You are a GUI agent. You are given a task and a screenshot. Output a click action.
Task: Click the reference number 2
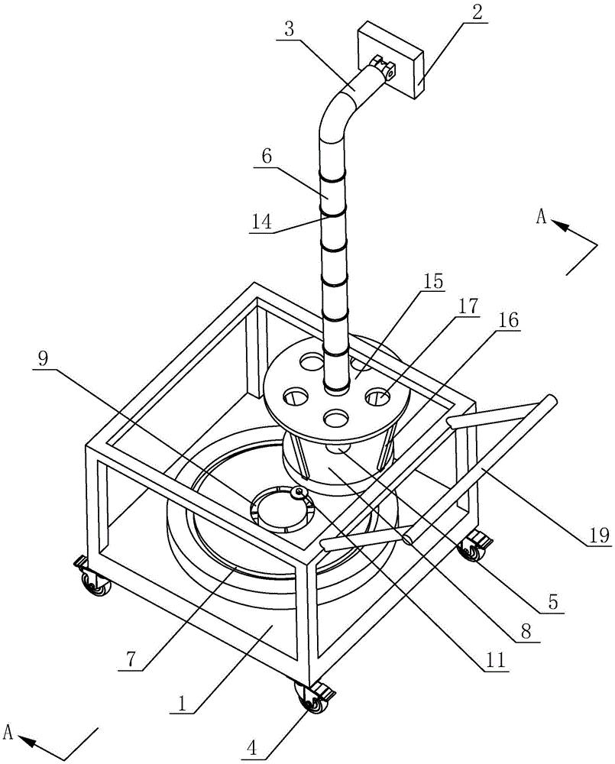tap(476, 13)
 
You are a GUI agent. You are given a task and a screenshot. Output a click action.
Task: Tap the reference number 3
tap(289, 30)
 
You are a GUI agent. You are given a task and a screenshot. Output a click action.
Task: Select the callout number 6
tap(267, 158)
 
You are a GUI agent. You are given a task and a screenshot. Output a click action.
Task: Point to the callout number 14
tap(262, 222)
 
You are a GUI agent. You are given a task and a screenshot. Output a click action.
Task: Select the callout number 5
tap(552, 602)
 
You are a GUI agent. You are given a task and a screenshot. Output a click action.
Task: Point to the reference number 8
tap(526, 633)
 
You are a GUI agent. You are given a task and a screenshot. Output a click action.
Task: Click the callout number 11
tap(497, 661)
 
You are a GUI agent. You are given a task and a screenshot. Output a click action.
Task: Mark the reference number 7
tap(131, 661)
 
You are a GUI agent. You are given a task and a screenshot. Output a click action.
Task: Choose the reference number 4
tap(252, 747)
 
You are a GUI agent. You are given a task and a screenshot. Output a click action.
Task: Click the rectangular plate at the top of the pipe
tap(390, 62)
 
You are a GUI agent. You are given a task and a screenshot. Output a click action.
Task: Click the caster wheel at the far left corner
tap(92, 578)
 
